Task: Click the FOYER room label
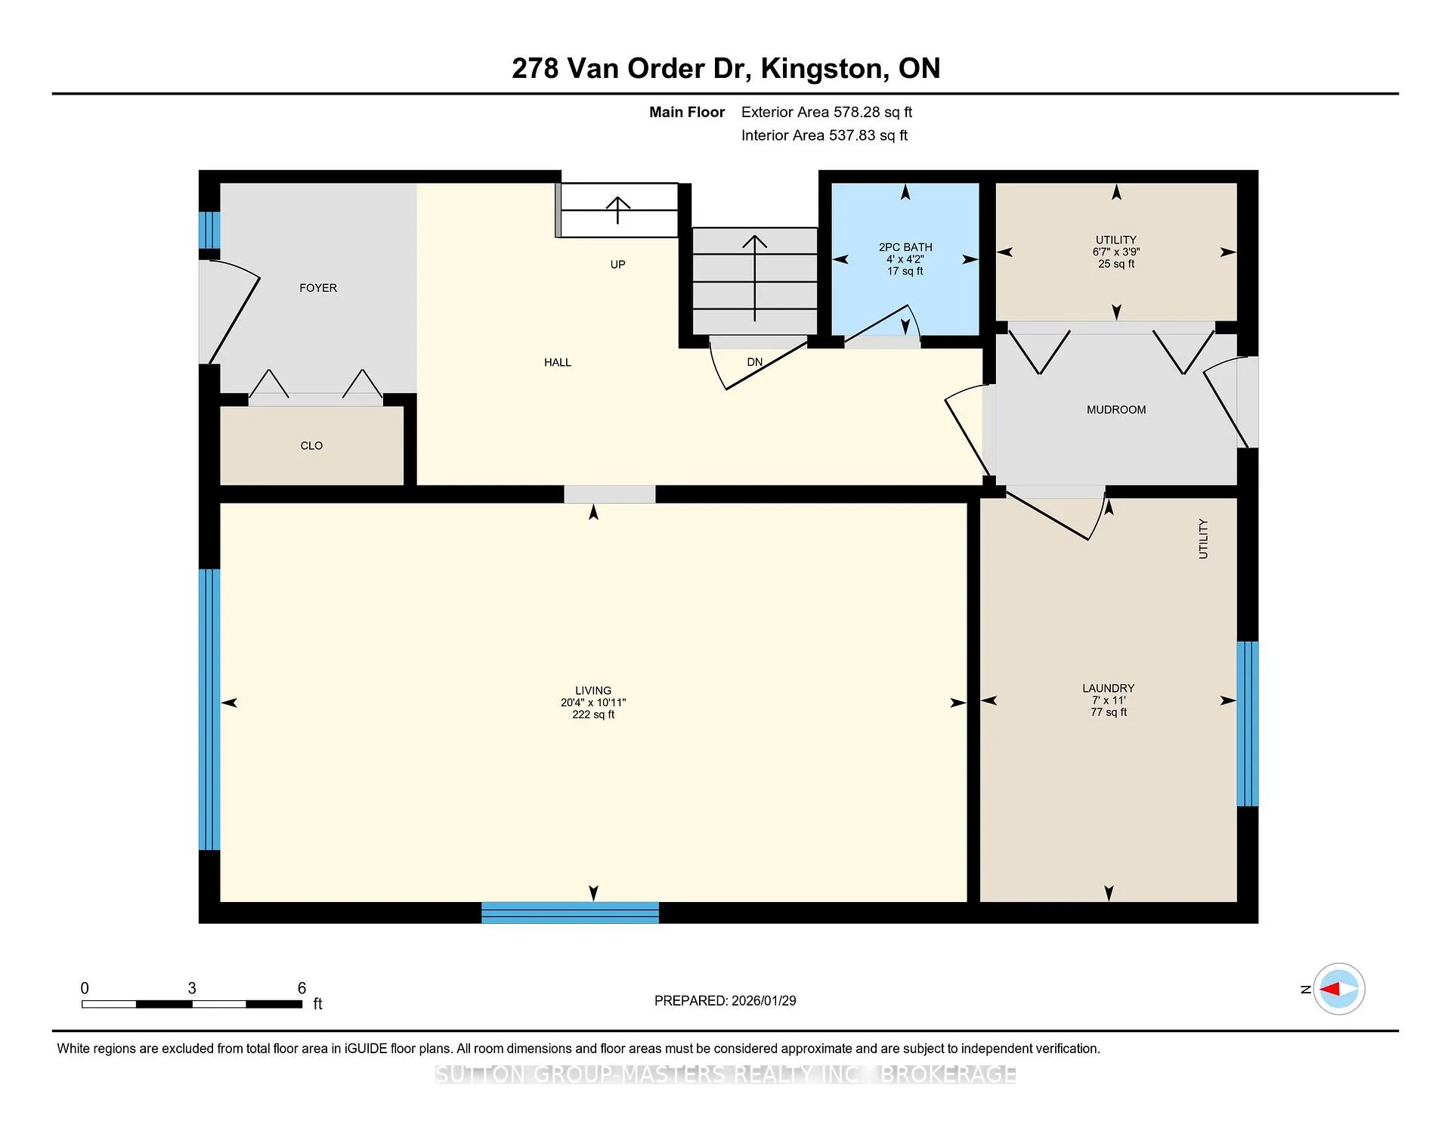coord(318,288)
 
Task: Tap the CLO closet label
coord(311,446)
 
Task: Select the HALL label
coord(558,363)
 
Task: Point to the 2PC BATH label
coord(905,247)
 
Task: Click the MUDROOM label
coord(1116,410)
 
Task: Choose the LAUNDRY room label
coord(1109,688)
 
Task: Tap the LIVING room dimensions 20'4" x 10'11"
coord(593,702)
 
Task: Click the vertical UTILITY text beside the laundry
coord(1203,539)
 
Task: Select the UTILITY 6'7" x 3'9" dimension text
coord(1116,252)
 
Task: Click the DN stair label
coord(755,362)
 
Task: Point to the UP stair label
coord(618,265)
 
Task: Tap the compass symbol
coord(1339,989)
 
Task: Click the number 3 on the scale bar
coord(192,988)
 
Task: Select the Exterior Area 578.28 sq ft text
coord(827,112)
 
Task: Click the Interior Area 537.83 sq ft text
coord(825,135)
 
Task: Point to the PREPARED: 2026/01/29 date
coord(725,1001)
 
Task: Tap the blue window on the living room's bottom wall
coord(571,913)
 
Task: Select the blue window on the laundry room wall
coord(1248,724)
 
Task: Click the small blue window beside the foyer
coord(209,230)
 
